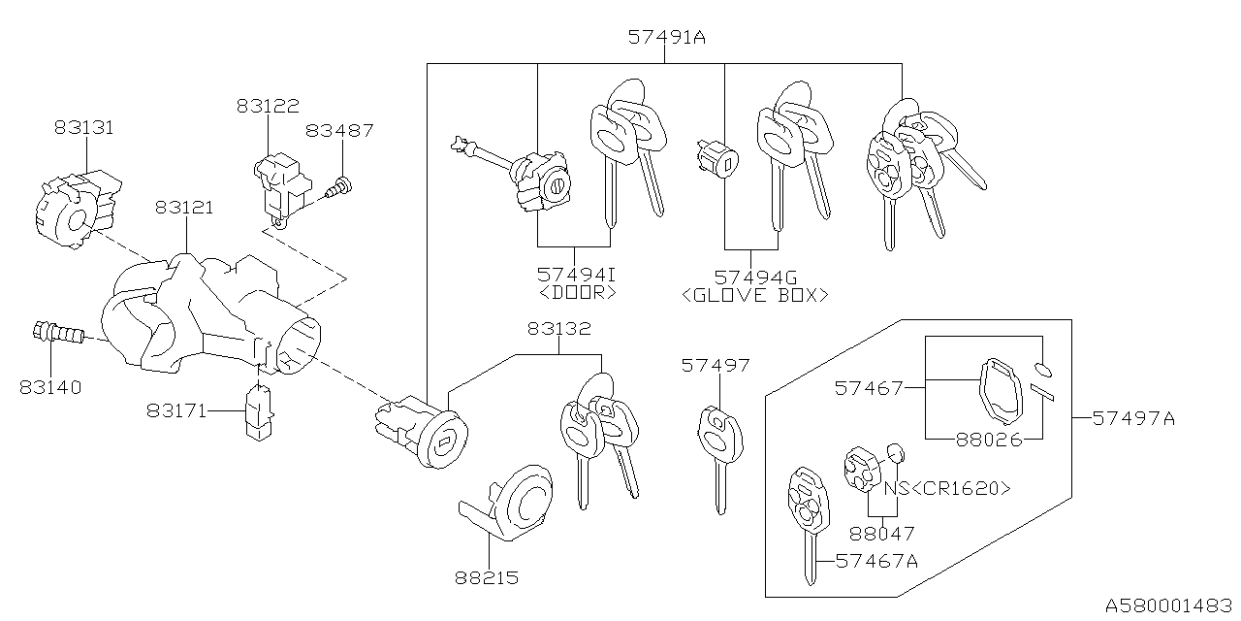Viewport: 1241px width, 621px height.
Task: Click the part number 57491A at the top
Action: (666, 38)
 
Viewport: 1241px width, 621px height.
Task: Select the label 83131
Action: (83, 126)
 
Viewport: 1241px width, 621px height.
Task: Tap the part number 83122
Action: (268, 106)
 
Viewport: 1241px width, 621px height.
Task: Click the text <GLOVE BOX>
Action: (755, 295)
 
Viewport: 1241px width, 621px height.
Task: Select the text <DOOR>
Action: (579, 291)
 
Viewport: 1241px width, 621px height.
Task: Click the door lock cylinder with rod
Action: (524, 175)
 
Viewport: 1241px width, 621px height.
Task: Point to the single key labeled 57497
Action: (718, 446)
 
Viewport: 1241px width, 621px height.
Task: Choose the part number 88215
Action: (486, 578)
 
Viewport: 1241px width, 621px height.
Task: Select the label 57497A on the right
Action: (1132, 418)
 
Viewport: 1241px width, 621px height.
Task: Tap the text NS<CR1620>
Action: (946, 488)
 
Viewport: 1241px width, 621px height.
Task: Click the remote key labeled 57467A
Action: (806, 514)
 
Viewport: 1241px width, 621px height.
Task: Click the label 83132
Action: (559, 329)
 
